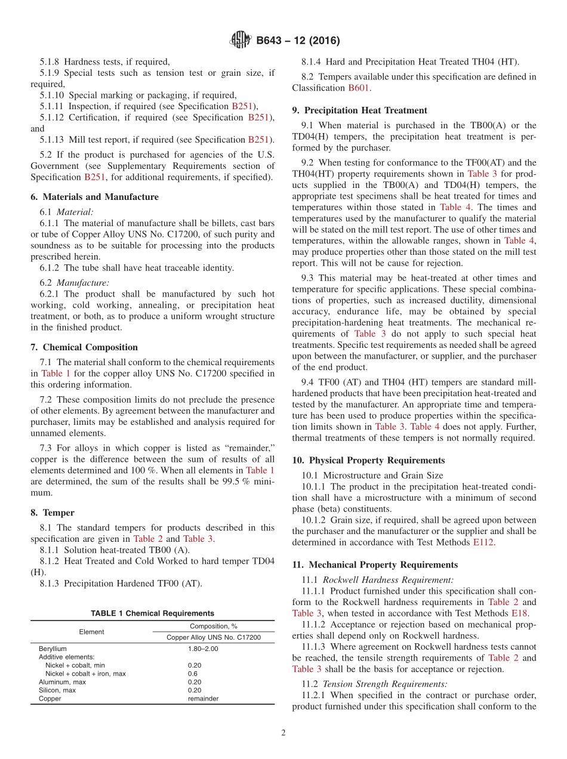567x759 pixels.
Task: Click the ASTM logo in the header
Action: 241,41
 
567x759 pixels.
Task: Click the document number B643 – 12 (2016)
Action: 297,41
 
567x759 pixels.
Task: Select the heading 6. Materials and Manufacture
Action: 94,197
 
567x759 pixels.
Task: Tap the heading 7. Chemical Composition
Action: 84,347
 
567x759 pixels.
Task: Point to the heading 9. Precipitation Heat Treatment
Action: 359,110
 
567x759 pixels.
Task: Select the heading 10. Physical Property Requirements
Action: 368,461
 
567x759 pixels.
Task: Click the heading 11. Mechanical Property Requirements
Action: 375,564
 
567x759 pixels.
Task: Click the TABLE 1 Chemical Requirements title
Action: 152,613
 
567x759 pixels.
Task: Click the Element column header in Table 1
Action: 91,632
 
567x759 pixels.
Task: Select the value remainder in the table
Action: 203,699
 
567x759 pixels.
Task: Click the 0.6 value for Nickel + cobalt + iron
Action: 192,674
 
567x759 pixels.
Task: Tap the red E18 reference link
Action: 518,613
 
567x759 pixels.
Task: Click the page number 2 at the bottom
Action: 283,733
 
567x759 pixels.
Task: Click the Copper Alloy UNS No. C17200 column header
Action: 214,637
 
